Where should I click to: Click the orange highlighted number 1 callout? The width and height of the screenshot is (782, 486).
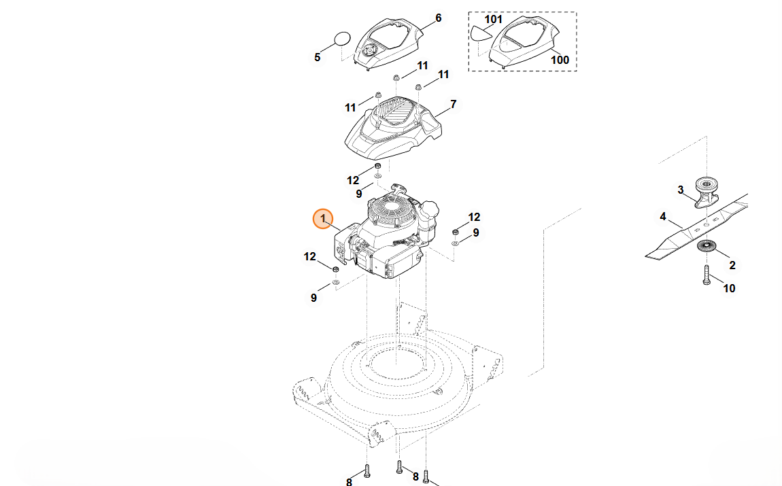point(323,219)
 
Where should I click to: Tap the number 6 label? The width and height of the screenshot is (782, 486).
point(439,18)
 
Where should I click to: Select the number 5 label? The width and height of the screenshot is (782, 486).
point(317,57)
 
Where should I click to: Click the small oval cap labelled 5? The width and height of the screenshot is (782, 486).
point(342,38)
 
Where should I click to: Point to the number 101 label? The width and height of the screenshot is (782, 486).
point(493,20)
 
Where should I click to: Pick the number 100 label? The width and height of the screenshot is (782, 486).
point(560,60)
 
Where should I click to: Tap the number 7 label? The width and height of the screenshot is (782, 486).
point(453,104)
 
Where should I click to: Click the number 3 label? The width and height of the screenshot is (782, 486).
point(680,190)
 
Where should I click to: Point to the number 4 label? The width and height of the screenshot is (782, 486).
point(663,217)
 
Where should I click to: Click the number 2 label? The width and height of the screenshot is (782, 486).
point(732,265)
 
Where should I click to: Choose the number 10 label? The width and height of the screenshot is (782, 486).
point(729,288)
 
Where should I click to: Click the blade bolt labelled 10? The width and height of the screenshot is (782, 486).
point(707,275)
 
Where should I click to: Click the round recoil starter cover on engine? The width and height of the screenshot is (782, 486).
point(390,210)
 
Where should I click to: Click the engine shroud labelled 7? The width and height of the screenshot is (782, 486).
point(394,127)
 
